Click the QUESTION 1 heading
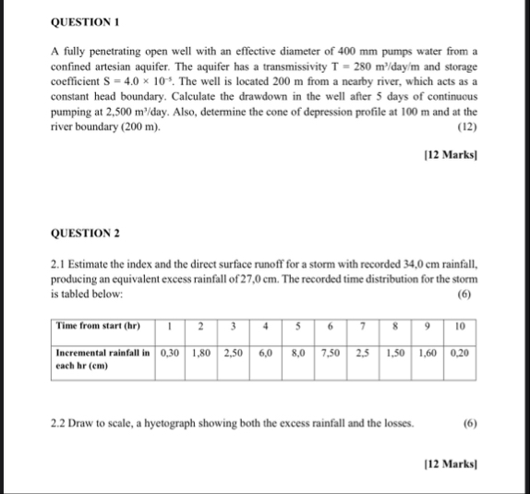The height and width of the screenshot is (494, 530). point(81,19)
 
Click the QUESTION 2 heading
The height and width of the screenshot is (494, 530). point(82,235)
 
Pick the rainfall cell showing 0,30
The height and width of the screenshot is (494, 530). point(170,353)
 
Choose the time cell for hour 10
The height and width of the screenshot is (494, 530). point(460,326)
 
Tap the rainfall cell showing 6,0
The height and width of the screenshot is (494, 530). point(266,353)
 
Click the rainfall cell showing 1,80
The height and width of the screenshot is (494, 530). point(201,353)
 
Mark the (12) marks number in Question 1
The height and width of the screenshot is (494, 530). point(467,127)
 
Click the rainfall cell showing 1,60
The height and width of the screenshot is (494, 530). point(428,353)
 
